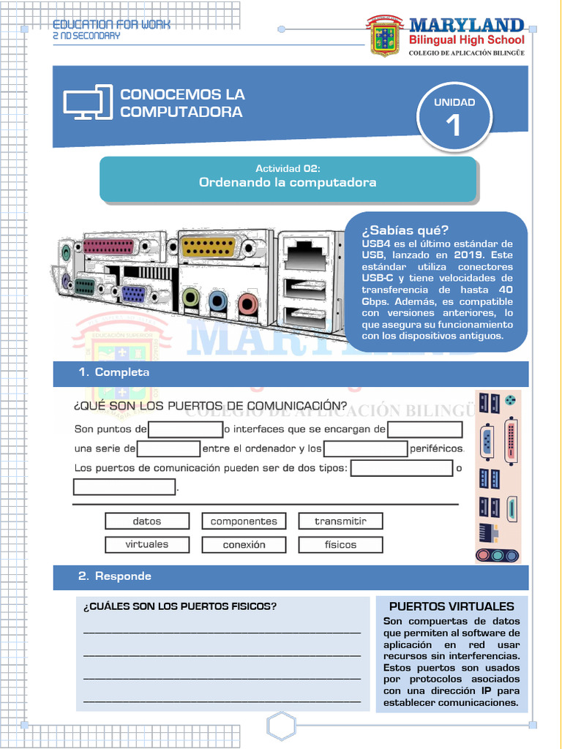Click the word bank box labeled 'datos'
[147, 522]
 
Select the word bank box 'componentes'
[244, 522]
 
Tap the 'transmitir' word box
[340, 522]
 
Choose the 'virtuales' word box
[147, 545]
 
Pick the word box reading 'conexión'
[244, 545]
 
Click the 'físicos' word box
[340, 545]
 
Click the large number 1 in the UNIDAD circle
[454, 126]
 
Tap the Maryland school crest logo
[386, 37]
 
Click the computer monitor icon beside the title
[88, 102]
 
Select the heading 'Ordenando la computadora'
[288, 182]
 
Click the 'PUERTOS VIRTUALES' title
[452, 606]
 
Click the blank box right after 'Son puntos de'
[186, 429]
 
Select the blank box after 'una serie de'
[169, 448]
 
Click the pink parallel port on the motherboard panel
[108, 246]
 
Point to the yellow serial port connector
[208, 246]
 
